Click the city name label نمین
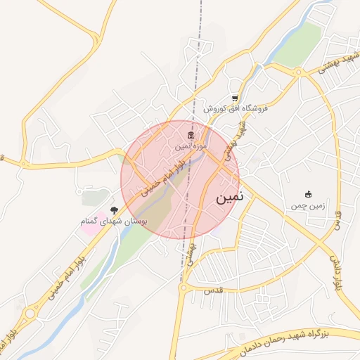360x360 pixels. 229,198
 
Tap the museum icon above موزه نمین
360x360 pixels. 191,135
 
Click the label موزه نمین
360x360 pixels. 192,146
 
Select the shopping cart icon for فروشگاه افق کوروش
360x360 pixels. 235,98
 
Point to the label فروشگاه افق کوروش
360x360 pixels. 236,109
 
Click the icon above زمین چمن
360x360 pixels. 307,194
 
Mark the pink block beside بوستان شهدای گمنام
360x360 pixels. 96,213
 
